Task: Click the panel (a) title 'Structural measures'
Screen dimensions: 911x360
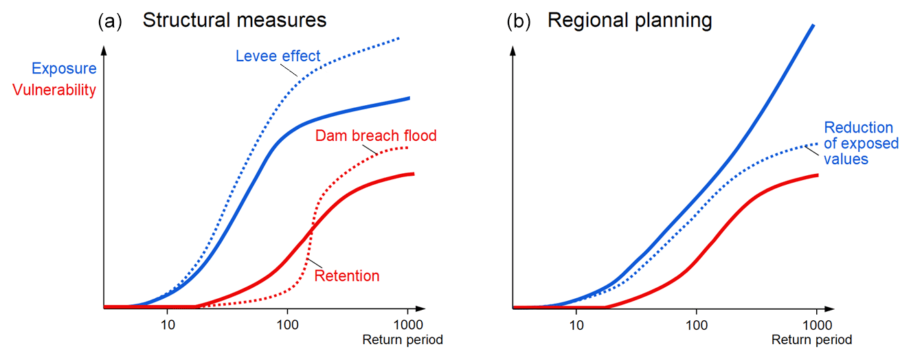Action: point(234,20)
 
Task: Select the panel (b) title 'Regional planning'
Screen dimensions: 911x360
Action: point(629,21)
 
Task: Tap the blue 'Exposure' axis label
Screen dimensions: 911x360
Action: point(65,69)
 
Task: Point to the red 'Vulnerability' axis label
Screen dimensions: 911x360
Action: point(54,90)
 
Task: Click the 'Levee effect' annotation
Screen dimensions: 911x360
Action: point(278,56)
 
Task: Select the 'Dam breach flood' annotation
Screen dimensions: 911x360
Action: point(376,135)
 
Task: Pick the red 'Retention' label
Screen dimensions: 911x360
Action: point(347,275)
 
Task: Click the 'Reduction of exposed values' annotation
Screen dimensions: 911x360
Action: point(861,143)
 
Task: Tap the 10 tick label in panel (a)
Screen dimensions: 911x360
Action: point(168,325)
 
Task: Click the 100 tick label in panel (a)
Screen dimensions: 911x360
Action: point(288,325)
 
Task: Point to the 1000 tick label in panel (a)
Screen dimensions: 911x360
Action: point(408,325)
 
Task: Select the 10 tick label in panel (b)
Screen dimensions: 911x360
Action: point(576,325)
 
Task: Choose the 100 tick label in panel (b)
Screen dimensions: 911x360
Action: point(697,325)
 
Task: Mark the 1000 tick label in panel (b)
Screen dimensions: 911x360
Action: point(817,325)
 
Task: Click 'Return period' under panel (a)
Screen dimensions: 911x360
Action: point(403,339)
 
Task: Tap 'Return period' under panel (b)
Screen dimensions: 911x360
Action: point(812,339)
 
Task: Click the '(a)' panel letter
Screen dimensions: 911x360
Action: point(110,21)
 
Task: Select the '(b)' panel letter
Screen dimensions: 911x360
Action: point(519,21)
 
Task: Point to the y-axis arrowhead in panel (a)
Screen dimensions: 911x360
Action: point(104,50)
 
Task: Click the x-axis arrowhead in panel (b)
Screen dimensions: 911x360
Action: point(829,308)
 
